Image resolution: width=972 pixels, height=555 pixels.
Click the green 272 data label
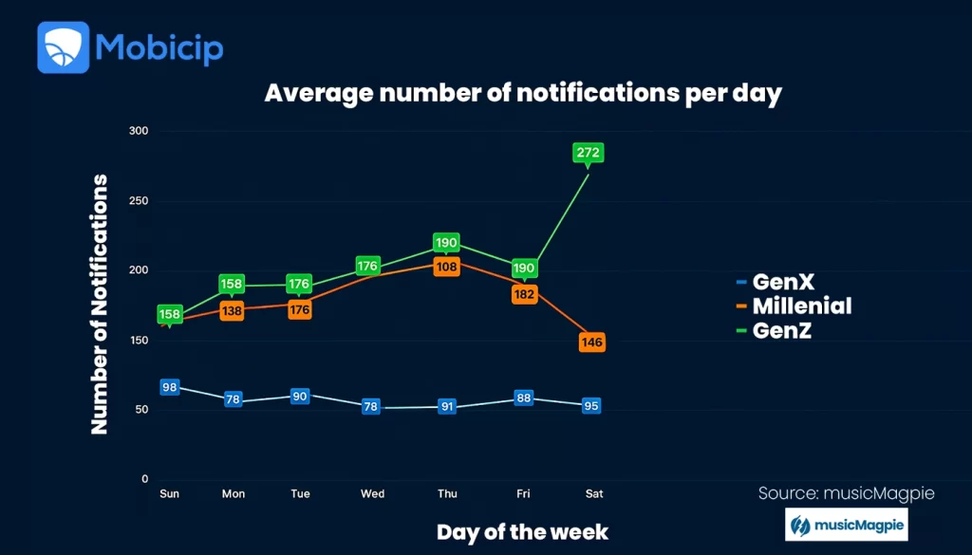point(589,152)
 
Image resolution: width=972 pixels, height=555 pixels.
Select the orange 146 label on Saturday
point(591,342)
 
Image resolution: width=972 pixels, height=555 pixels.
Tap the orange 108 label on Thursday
point(446,267)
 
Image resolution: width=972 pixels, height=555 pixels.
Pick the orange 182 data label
point(524,294)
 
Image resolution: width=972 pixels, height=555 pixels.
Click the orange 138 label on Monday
point(233,310)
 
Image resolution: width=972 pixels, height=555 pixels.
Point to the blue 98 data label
point(170,387)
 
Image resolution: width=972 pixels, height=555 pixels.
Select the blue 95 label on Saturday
point(591,406)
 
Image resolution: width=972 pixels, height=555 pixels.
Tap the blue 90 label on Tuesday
point(300,396)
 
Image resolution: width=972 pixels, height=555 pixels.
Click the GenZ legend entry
point(781,330)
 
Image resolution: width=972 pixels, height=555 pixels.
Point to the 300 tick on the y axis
point(140,131)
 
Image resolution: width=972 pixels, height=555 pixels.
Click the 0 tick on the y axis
point(145,479)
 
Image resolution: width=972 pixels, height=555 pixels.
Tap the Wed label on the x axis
point(373,493)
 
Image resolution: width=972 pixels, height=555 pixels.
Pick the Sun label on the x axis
point(170,493)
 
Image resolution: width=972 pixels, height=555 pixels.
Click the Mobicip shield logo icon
point(63,47)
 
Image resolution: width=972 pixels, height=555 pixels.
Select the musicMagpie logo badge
point(846,525)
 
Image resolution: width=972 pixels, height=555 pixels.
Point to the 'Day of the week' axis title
point(522,531)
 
